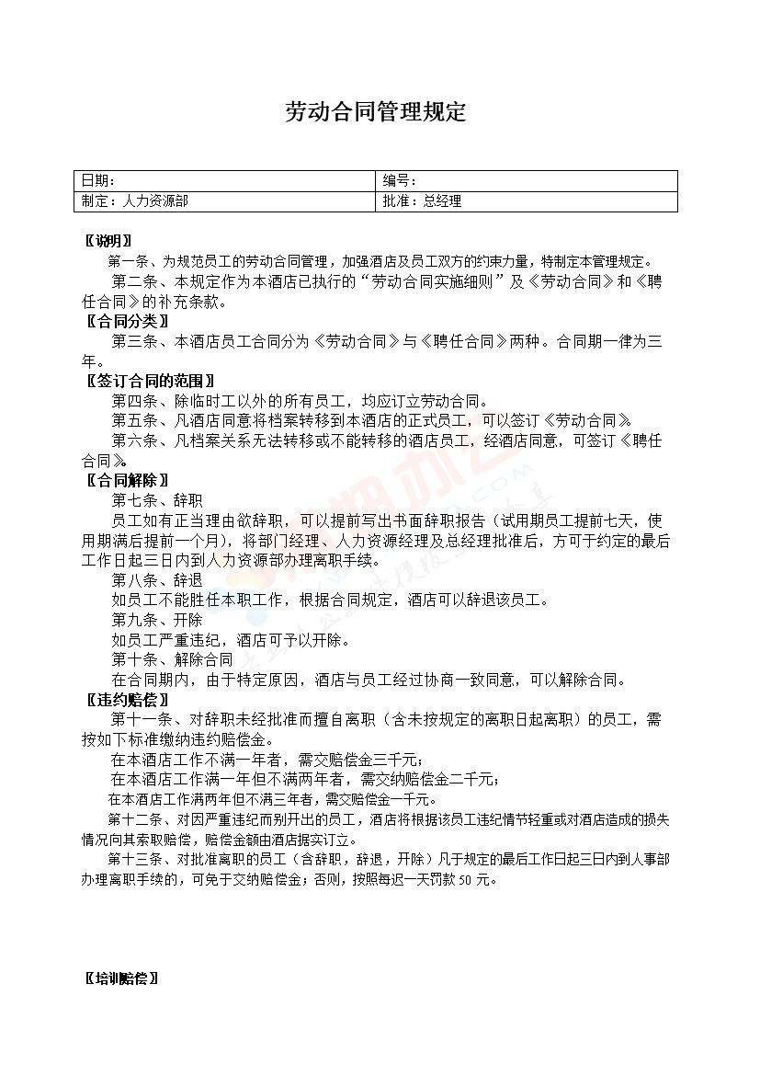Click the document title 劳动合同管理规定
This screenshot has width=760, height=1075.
point(376,112)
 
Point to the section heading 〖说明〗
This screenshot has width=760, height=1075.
point(102,241)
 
